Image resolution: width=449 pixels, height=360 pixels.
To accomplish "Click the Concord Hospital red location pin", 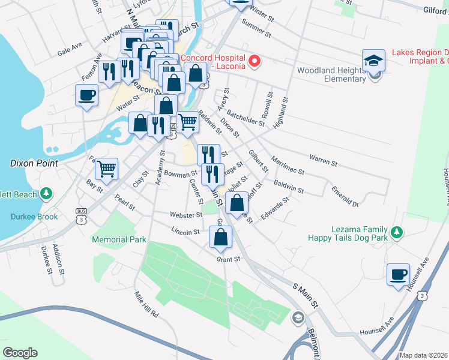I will coord(255,61).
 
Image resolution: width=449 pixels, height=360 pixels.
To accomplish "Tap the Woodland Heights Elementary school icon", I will coord(373,62).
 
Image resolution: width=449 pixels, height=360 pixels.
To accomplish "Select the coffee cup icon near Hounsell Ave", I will coord(398,275).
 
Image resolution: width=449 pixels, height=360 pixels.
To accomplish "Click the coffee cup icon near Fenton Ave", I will coord(86,95).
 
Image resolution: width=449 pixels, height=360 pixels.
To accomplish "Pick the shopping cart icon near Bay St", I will coord(106,169).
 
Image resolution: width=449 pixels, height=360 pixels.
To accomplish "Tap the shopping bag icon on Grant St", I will coord(221,237).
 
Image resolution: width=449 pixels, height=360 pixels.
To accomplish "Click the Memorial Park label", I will coord(119,239).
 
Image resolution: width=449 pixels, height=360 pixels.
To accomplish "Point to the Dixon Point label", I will coord(34,163).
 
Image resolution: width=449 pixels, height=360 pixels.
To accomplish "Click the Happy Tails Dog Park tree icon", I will coord(395,232).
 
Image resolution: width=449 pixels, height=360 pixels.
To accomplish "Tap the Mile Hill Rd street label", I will coord(146,305).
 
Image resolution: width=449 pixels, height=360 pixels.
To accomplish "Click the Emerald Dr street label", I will coord(345,197).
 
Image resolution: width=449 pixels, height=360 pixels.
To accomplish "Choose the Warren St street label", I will coord(323,160).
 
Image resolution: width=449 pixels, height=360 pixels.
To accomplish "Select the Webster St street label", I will coord(186,215).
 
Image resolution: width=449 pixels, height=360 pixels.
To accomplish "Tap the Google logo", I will coord(20,353).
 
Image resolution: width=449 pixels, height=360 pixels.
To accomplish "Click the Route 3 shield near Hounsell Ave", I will coord(423,296).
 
